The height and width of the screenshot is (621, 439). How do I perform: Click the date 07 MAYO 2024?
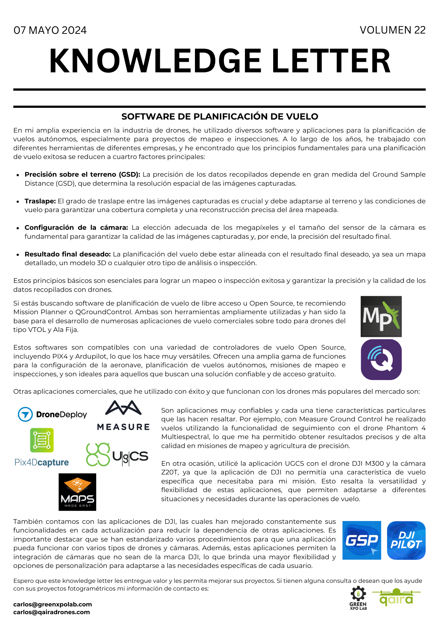50,30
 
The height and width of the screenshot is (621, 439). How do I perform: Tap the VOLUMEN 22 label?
392,30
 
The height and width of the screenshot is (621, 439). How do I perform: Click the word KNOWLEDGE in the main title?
155,61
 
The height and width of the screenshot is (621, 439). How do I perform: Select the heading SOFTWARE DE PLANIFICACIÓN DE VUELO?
219,116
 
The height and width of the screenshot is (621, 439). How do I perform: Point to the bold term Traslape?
40,201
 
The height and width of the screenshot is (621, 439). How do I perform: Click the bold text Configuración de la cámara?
76,228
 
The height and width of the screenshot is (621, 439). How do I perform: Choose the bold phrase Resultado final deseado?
68,254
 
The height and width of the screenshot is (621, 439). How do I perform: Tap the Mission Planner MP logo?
381,316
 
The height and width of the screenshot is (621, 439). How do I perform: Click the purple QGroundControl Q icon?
381,360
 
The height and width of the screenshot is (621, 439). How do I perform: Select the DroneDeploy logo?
52,415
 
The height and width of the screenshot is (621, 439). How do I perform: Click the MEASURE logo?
123,416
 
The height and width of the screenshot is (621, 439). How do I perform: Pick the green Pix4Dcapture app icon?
42,440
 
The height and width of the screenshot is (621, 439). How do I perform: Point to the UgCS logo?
117,455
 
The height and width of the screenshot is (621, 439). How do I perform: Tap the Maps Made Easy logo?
77,492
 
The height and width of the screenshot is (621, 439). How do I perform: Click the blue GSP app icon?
361,541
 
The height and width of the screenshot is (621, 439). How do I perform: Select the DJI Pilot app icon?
406,541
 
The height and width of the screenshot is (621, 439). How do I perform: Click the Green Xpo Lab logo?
358,598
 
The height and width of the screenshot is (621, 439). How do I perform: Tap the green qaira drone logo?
396,597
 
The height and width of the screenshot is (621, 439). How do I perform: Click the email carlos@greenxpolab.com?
52,604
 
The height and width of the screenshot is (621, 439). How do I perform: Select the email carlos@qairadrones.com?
52,612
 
